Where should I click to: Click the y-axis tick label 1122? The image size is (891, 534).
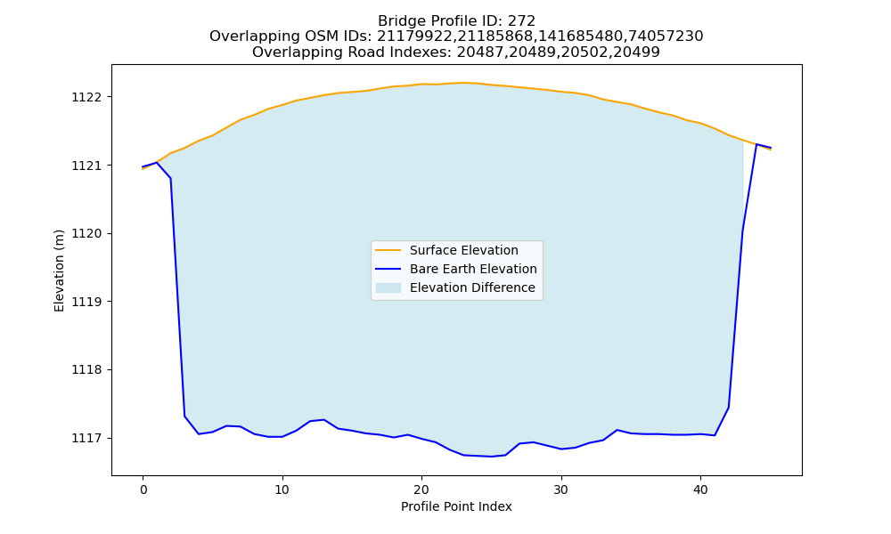point(86,97)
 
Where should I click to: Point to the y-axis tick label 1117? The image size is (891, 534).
point(86,438)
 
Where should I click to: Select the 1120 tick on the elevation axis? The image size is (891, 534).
point(86,234)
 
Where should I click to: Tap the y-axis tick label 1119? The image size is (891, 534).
point(86,302)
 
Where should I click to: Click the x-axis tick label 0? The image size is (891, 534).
point(143,489)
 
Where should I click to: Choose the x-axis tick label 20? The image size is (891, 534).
point(421,489)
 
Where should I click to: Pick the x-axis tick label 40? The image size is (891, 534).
point(700,489)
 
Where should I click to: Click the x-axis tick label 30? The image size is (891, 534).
point(560,489)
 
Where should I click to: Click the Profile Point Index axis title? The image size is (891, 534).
point(456,506)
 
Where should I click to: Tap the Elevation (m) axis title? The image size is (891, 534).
point(59,271)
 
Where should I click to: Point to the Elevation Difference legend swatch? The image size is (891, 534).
point(388,287)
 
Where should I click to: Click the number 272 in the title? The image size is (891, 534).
point(521,21)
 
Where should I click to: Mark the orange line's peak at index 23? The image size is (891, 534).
point(463,83)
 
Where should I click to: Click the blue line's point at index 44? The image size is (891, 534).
point(756,145)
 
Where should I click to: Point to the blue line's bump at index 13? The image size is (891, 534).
point(324,420)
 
